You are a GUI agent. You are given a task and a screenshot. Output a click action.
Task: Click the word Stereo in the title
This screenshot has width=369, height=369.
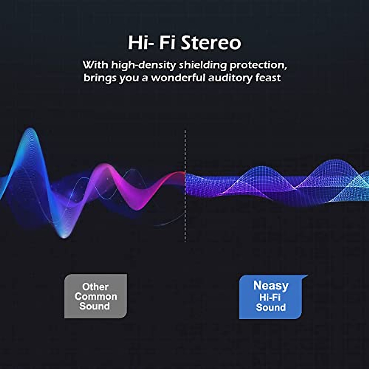(x=211, y=43)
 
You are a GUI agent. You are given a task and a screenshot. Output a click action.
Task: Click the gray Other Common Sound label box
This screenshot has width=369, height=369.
(x=96, y=296)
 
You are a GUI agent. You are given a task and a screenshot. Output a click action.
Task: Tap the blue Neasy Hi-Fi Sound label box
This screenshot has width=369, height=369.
(x=271, y=297)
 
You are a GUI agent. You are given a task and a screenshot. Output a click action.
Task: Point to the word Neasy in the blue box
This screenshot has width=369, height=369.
(x=271, y=286)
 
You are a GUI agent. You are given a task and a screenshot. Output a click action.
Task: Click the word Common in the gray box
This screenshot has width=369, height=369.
(x=96, y=297)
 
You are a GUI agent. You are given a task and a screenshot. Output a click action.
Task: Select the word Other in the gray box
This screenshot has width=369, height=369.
(x=95, y=287)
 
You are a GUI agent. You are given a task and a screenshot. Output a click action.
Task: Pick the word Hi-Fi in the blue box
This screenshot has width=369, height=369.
(x=270, y=297)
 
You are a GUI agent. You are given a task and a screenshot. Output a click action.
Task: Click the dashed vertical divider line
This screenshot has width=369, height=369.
(x=185, y=186)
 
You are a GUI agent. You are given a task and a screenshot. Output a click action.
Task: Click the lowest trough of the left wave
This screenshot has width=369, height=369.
(x=64, y=237)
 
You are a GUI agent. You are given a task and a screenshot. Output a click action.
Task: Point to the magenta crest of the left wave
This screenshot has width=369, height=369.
(x=105, y=165)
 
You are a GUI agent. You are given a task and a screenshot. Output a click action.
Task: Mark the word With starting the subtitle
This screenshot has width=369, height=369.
(x=96, y=65)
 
